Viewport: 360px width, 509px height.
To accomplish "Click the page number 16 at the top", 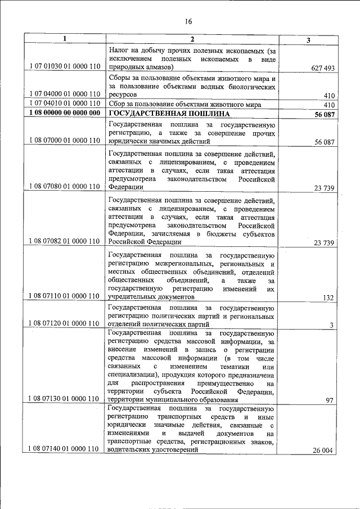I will (188, 21).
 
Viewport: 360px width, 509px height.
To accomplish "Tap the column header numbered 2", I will (192, 39).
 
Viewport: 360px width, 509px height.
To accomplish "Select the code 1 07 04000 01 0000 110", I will (64, 94).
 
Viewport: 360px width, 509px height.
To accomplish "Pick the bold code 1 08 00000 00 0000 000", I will (64, 114).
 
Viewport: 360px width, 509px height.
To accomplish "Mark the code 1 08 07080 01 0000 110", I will (64, 186).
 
